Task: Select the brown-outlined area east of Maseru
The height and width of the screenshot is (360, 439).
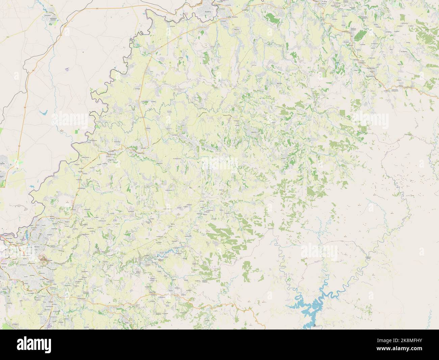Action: click(44, 260)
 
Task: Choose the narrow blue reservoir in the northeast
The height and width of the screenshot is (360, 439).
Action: click(337, 63)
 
